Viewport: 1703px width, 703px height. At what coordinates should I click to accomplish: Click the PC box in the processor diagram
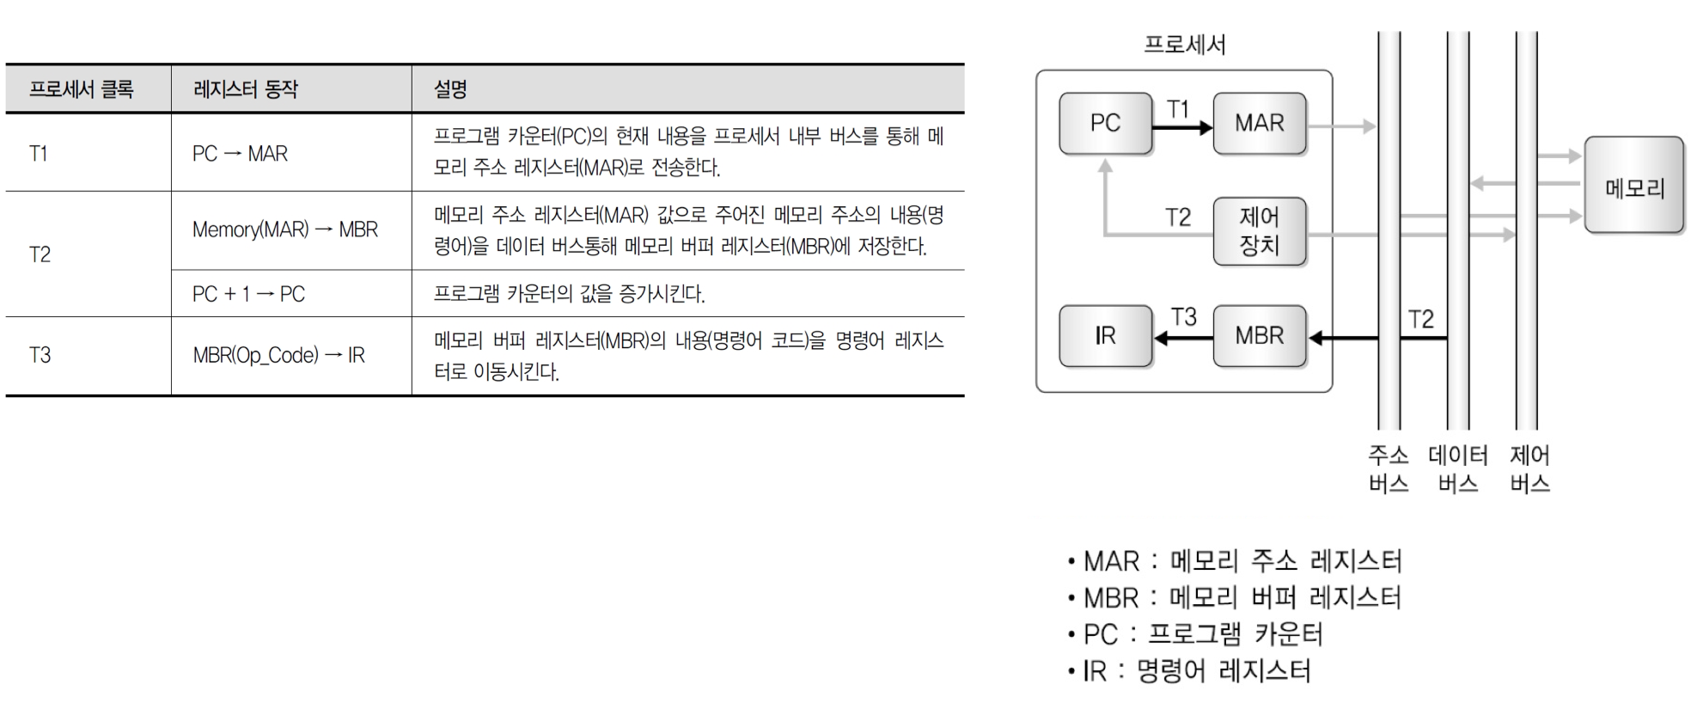1105,123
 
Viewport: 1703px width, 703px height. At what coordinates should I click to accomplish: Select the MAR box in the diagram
1259,123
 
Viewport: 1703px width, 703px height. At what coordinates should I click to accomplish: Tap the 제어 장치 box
1259,231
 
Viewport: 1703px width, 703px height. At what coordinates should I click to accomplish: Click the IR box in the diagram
1105,335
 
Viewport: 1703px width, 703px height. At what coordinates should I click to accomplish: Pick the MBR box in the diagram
1259,335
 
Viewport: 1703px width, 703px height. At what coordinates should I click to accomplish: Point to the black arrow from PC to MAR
1181,128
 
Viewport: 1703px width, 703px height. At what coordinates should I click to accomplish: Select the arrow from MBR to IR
1182,339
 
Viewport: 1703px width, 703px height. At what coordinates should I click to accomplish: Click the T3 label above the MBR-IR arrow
1184,317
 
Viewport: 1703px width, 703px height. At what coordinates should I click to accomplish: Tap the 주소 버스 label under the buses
1389,469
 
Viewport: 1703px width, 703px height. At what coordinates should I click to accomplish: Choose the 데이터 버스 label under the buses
1458,469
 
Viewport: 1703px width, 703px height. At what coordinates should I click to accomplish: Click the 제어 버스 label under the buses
1529,469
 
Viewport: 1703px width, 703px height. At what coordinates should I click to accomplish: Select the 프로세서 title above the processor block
1184,45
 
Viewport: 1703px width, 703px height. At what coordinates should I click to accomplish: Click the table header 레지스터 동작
246,89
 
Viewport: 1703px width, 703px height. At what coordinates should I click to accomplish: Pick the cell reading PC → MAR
240,154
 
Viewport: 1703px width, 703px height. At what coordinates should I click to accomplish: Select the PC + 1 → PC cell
248,294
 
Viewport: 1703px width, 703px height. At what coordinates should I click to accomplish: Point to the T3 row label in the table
40,355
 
